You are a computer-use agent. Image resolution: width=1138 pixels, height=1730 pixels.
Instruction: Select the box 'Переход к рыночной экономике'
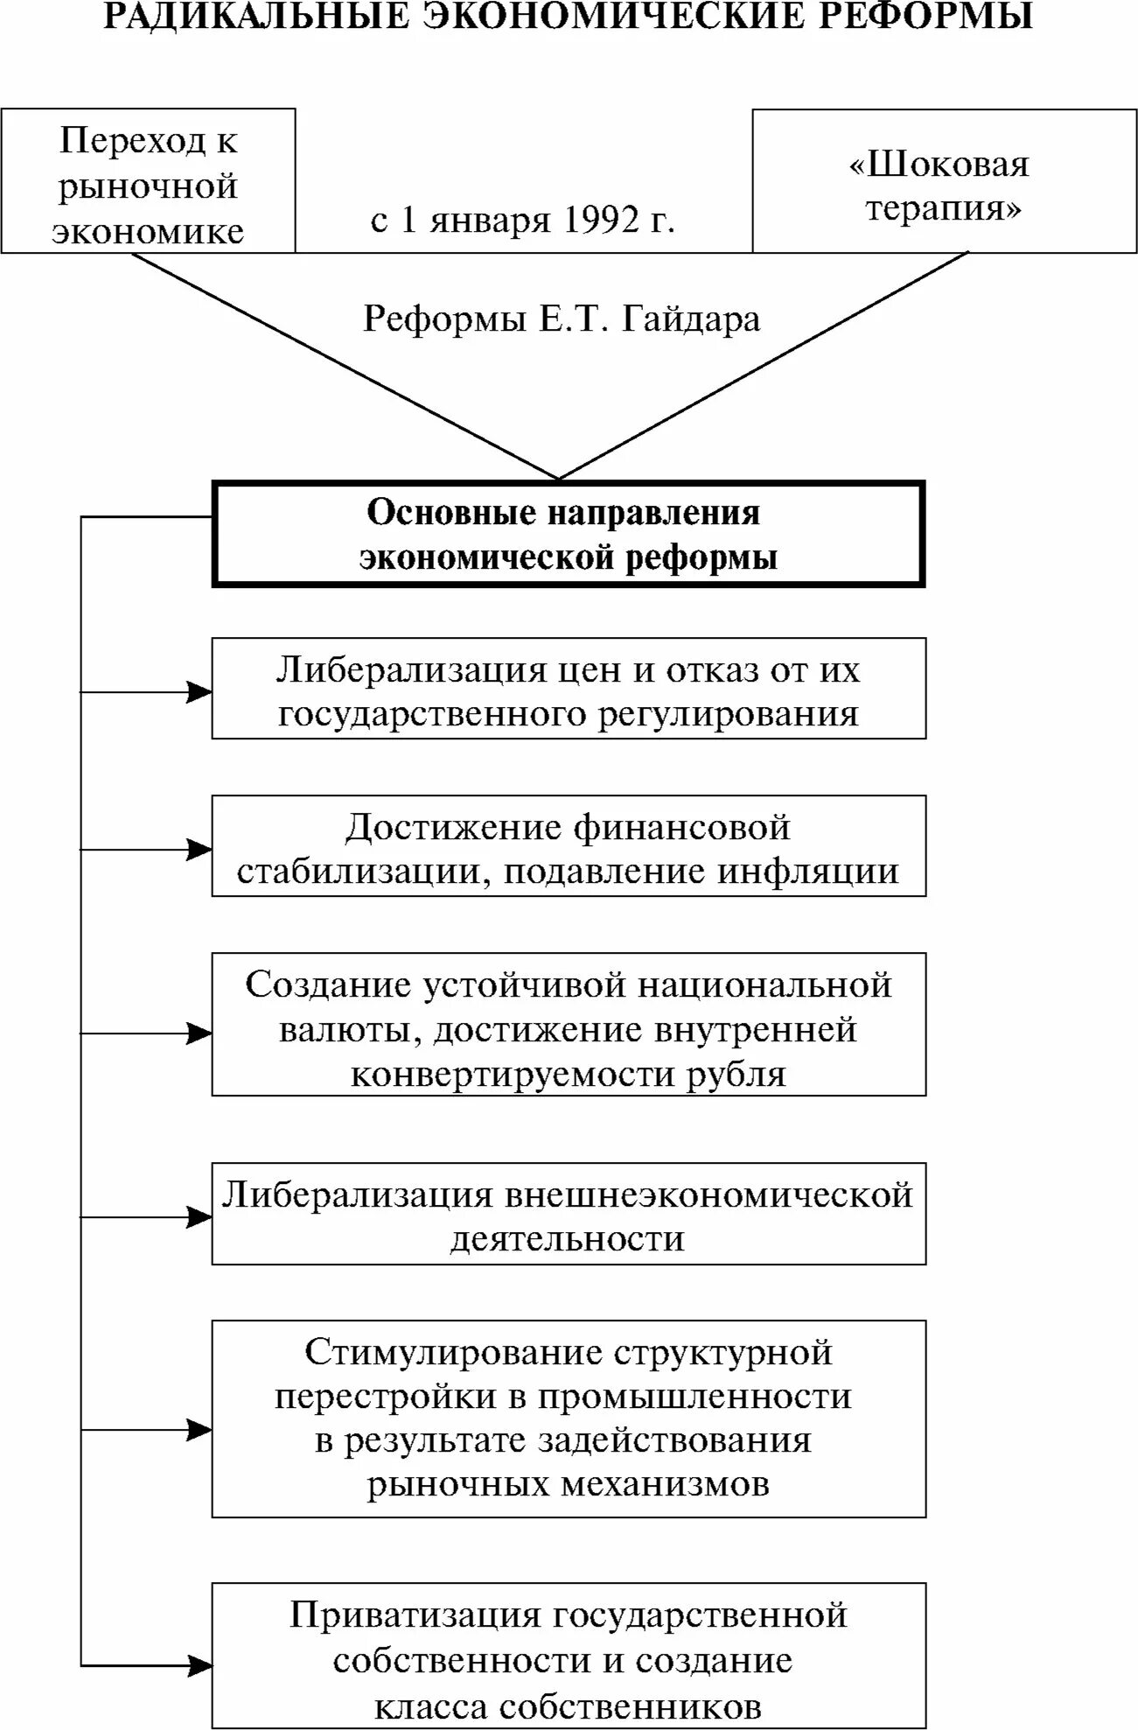click(x=148, y=181)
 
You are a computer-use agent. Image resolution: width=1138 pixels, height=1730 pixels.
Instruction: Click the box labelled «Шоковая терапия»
click(x=944, y=182)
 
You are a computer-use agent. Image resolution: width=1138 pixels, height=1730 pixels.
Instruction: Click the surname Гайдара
click(x=691, y=319)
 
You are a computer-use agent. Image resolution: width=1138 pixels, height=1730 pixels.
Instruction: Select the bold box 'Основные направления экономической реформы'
click(x=569, y=534)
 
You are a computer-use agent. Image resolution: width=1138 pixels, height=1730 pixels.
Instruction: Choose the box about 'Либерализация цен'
click(x=569, y=689)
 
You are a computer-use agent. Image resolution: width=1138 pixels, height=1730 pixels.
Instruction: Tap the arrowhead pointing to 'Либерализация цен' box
click(x=199, y=692)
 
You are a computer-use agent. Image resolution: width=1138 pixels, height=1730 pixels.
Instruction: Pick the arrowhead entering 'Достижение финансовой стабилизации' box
click(x=199, y=850)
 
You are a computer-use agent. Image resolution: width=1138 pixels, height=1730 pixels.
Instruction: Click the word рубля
click(x=736, y=1074)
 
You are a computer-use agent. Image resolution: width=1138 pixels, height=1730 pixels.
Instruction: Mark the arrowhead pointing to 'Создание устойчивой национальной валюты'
click(x=199, y=1033)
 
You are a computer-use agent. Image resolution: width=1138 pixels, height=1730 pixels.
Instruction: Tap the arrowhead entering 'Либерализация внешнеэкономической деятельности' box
click(x=199, y=1217)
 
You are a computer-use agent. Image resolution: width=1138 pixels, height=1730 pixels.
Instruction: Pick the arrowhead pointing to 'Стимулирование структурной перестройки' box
click(x=199, y=1431)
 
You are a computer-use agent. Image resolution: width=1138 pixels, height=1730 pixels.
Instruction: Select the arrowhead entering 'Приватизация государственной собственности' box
click(x=199, y=1663)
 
